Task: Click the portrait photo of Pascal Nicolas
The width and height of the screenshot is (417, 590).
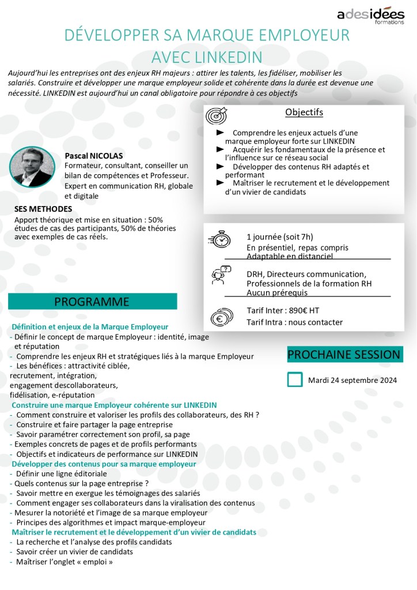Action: click(x=32, y=167)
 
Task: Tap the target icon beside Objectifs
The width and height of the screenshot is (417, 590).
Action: click(x=217, y=116)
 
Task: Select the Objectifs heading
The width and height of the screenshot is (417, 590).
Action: click(x=304, y=112)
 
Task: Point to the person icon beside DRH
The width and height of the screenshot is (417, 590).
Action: click(x=219, y=275)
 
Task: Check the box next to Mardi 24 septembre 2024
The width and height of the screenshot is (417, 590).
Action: click(x=295, y=379)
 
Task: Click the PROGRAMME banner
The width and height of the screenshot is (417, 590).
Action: click(x=92, y=302)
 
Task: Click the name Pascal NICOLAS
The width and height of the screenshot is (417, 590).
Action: click(x=94, y=156)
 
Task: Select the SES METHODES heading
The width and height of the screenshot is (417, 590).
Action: click(x=43, y=209)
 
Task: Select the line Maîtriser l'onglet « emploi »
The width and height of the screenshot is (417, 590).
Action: click(x=64, y=561)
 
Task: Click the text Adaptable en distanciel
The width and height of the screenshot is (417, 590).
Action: click(x=290, y=256)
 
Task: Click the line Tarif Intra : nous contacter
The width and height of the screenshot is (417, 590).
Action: click(x=294, y=322)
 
